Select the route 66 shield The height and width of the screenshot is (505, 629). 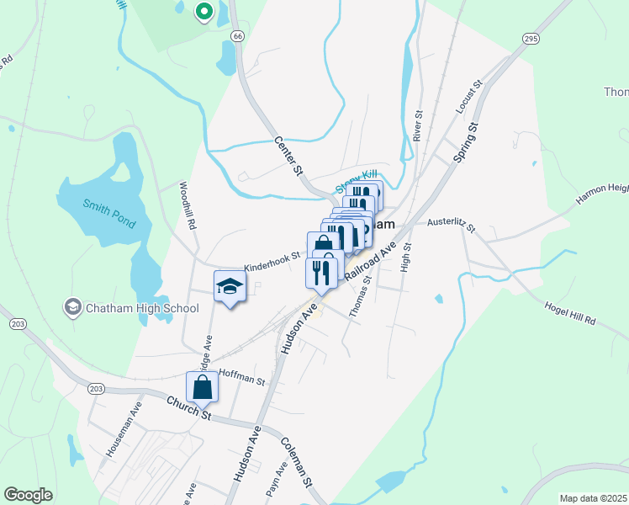click(238, 36)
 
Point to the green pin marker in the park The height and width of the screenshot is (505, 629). click(203, 11)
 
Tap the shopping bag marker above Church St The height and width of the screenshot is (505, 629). click(202, 387)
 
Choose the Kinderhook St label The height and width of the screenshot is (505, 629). click(272, 263)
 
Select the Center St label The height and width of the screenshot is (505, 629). click(288, 155)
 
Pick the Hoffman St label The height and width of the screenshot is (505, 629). click(241, 376)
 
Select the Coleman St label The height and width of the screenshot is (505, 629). click(297, 463)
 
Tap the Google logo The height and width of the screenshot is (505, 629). click(29, 495)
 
